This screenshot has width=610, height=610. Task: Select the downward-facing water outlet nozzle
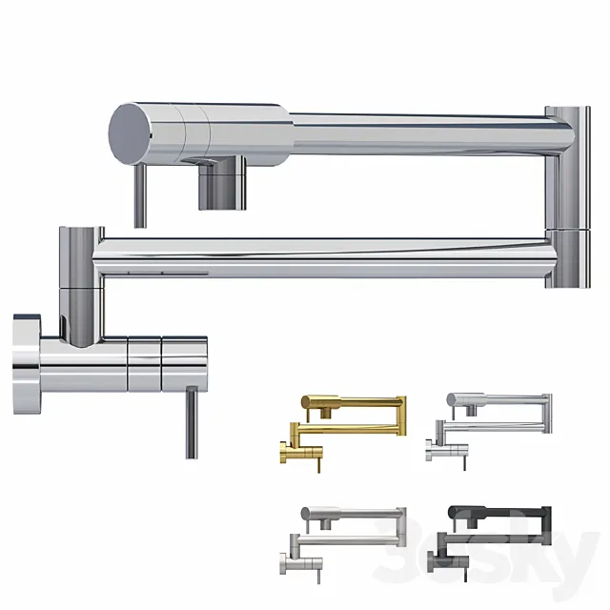(221, 186)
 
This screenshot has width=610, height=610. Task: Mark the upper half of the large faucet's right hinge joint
(560, 167)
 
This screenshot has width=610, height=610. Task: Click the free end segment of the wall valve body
(185, 363)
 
